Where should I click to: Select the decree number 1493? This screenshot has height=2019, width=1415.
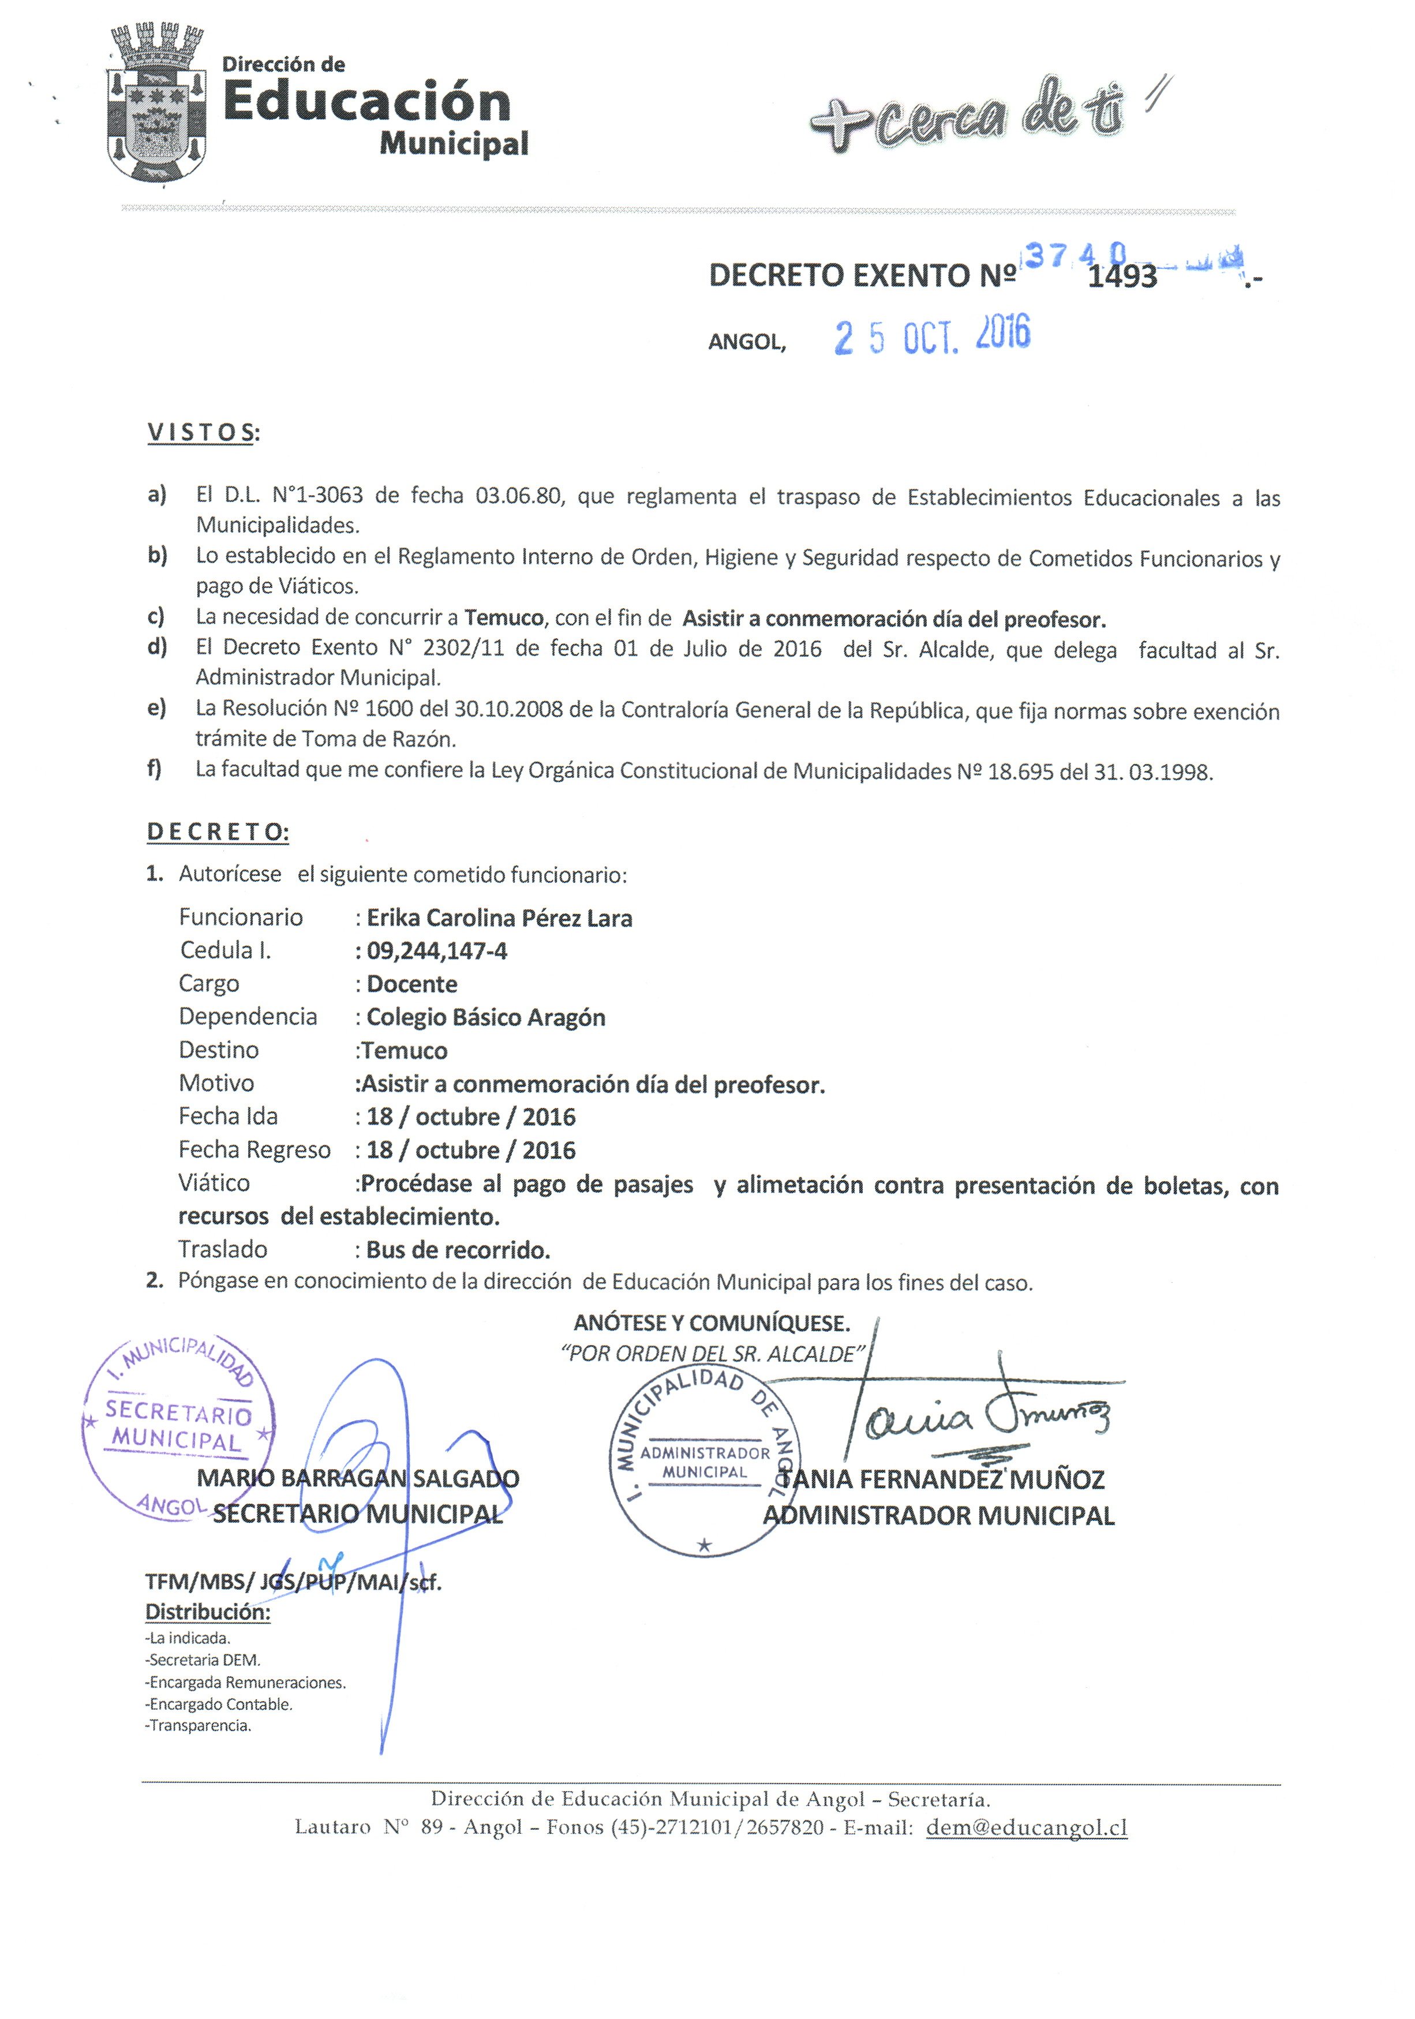[x=1122, y=277]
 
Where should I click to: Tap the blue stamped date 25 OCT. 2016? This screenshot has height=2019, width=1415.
[x=931, y=336]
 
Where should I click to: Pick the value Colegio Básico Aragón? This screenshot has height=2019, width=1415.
[x=485, y=1017]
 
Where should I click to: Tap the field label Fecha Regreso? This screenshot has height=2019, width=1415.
[x=254, y=1149]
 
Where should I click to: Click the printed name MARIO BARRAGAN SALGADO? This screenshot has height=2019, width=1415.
[x=358, y=1478]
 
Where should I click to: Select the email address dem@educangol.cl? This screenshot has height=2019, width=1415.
[x=1026, y=1827]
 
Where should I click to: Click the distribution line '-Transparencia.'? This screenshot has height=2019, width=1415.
[x=200, y=1725]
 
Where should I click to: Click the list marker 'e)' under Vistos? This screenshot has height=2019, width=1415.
[x=156, y=708]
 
